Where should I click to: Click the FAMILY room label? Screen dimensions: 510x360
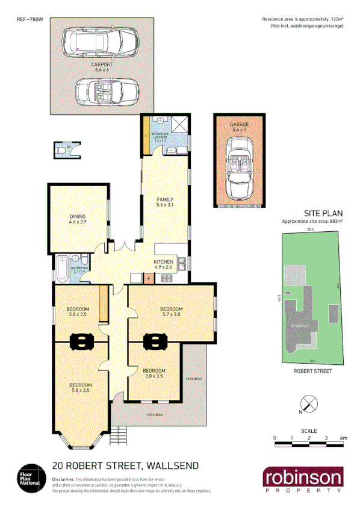pyautogui.click(x=166, y=200)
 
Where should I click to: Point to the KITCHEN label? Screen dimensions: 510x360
pyautogui.click(x=164, y=261)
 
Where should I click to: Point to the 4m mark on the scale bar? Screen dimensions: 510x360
pyautogui.click(x=343, y=438)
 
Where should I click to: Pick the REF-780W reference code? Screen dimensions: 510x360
pyautogui.click(x=29, y=20)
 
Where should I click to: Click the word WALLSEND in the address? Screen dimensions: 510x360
pyautogui.click(x=170, y=465)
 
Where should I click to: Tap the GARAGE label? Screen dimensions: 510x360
pyautogui.click(x=239, y=124)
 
